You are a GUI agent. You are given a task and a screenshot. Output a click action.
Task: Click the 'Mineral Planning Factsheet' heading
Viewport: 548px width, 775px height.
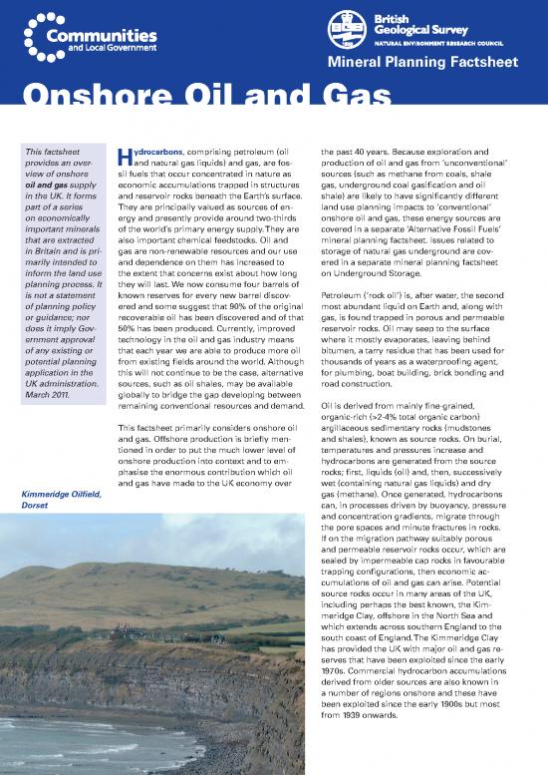(x=449, y=67)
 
